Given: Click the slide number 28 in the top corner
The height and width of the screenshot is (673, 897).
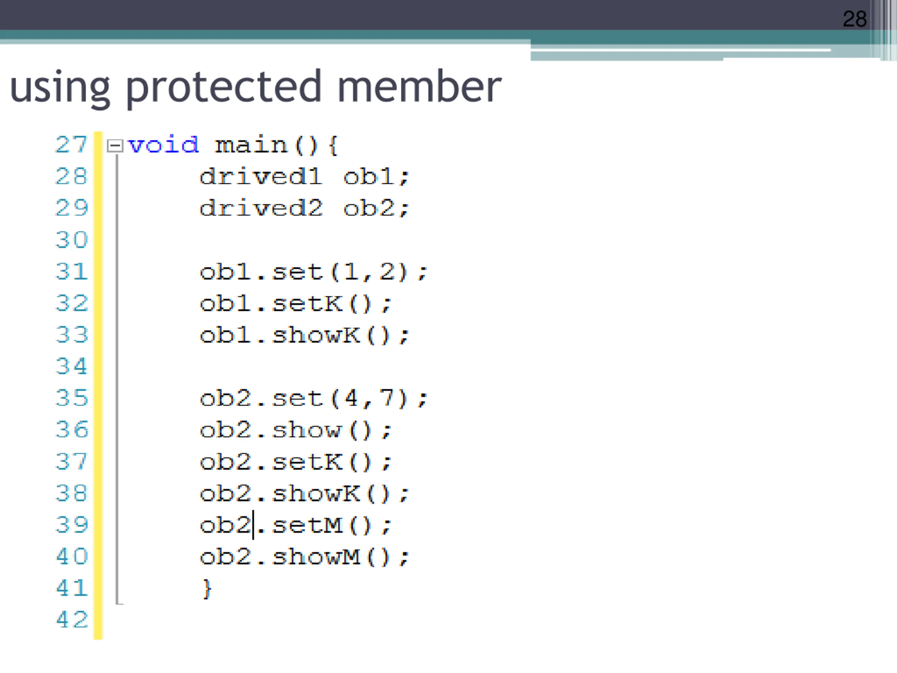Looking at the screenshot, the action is click(x=854, y=19).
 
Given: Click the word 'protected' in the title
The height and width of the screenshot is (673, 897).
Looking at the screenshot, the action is click(x=224, y=87).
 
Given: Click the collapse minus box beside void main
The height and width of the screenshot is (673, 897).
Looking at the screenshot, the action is click(x=115, y=145).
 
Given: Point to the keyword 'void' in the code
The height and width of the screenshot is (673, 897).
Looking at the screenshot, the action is click(x=163, y=145).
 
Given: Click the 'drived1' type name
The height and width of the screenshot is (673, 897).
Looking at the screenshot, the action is click(x=261, y=177).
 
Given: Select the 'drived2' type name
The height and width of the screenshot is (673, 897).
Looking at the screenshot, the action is click(x=261, y=209).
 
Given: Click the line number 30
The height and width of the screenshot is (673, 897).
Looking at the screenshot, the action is click(x=72, y=240).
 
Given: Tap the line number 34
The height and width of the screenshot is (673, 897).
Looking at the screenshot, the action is click(x=72, y=366).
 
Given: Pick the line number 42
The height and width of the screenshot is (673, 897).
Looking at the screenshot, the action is click(x=72, y=619).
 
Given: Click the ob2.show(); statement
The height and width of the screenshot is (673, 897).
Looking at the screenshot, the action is click(x=296, y=430).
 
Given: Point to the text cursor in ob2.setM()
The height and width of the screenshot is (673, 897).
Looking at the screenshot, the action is click(x=253, y=525).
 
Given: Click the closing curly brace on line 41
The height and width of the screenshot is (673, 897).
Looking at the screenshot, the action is click(x=207, y=589).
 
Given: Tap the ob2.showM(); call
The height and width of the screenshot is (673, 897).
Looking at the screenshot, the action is click(x=304, y=557).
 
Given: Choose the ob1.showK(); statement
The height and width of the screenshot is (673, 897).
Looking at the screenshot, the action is click(x=304, y=335).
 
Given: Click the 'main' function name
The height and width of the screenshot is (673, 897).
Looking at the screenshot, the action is click(x=251, y=145).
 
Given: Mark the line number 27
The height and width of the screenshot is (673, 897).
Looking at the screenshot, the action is click(x=72, y=145).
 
